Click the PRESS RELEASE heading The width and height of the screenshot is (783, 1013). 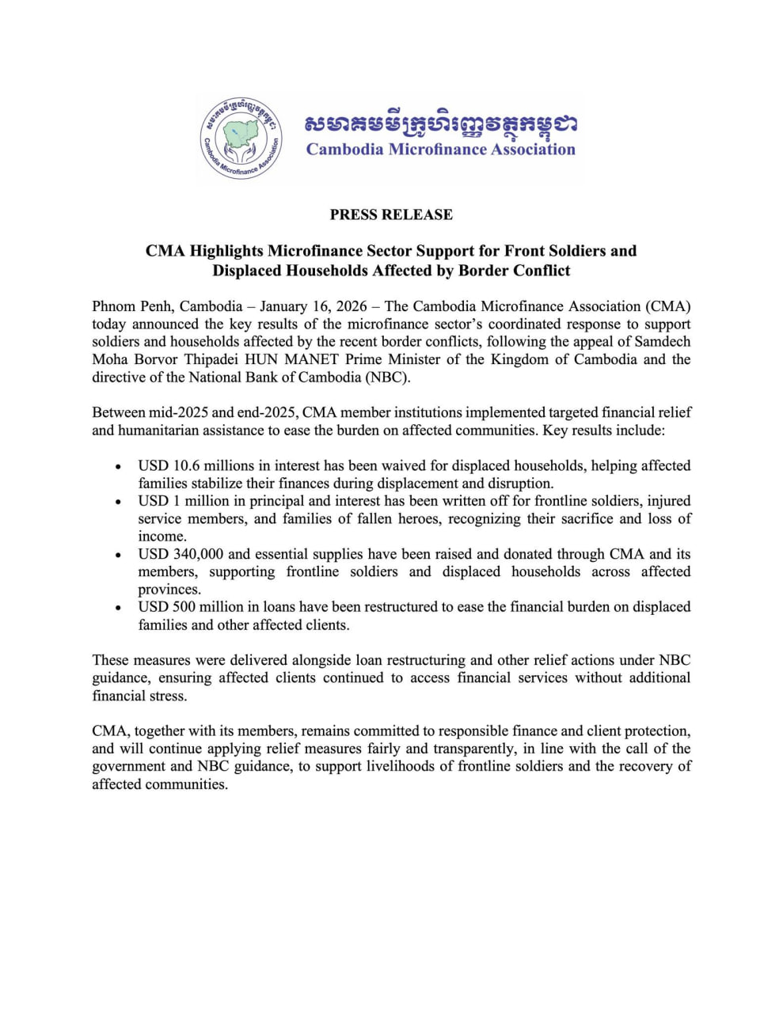(x=391, y=214)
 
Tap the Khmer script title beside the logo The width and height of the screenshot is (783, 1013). (x=440, y=123)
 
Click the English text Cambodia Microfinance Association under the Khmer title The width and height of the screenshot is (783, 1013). (x=440, y=149)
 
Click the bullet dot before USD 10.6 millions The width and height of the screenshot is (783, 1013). (x=119, y=466)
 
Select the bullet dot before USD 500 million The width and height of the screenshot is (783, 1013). (x=119, y=608)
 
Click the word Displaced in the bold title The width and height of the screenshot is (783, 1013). (x=248, y=271)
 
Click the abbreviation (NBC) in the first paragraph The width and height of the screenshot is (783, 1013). (x=387, y=377)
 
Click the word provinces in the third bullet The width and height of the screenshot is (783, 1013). (x=169, y=590)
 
